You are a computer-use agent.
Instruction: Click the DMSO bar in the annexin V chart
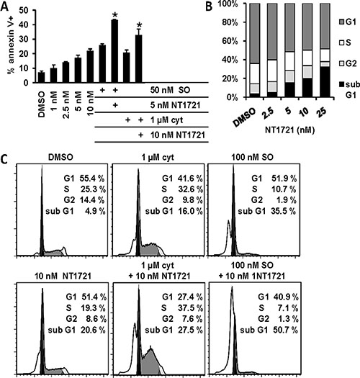tap(42, 77)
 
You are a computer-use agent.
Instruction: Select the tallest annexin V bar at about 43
tap(114, 51)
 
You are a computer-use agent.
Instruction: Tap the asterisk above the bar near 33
tap(139, 25)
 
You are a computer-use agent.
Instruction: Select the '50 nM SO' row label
tap(170, 90)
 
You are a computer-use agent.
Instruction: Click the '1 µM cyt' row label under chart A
tap(166, 120)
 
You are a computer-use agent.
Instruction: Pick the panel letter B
tap(209, 6)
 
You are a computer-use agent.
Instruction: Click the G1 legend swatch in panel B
tap(342, 22)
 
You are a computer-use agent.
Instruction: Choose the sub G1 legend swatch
tap(342, 84)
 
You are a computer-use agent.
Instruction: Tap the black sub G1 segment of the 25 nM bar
tap(325, 82)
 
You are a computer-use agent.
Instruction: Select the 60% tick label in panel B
tap(230, 41)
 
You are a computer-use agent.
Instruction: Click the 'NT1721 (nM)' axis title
tap(290, 130)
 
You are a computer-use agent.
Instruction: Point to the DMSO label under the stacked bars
tap(244, 117)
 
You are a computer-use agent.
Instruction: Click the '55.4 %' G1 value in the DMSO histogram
tap(92, 179)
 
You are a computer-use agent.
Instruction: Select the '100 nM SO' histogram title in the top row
tap(252, 158)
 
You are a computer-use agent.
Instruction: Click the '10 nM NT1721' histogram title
tap(63, 276)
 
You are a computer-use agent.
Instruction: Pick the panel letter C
tap(4, 159)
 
